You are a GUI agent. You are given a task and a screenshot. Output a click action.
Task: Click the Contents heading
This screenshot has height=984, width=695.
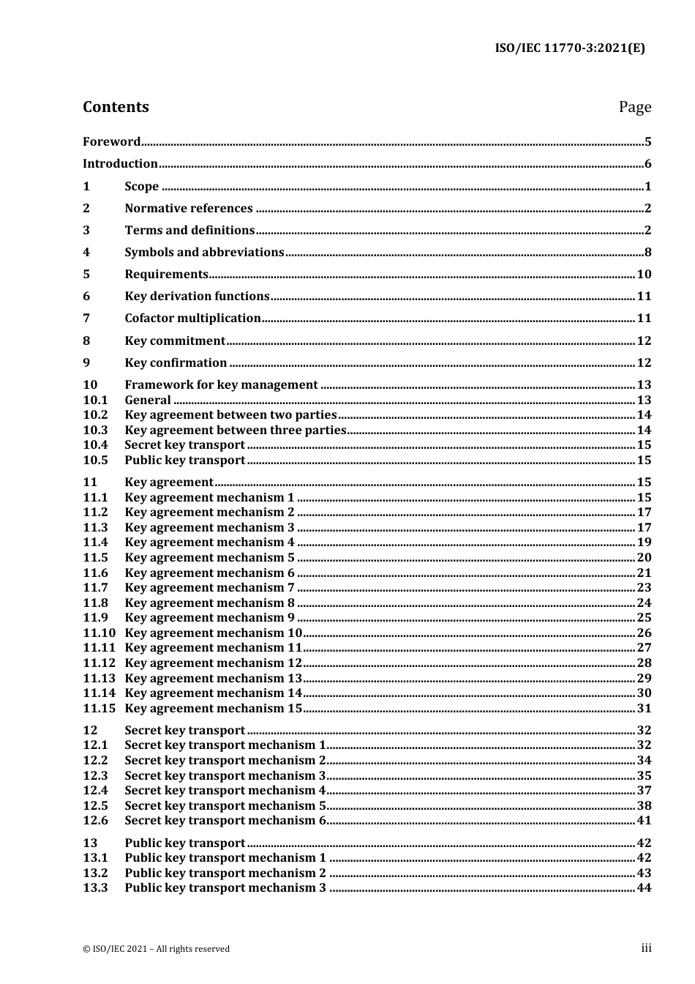pyautogui.click(x=116, y=107)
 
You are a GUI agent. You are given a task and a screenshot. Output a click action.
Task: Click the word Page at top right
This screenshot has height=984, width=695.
pyautogui.click(x=634, y=107)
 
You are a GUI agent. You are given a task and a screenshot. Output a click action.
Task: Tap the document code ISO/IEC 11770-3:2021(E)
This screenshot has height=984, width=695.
pyautogui.click(x=570, y=49)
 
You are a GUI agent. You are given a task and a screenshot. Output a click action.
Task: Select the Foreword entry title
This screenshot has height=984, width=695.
pyautogui.click(x=111, y=142)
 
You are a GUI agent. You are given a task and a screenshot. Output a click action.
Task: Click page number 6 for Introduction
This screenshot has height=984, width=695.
pyautogui.click(x=647, y=164)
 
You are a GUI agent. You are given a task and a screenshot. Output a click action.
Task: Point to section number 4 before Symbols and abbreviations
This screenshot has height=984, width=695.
pyautogui.click(x=86, y=253)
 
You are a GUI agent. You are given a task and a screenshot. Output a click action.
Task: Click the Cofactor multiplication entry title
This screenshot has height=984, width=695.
pyautogui.click(x=192, y=318)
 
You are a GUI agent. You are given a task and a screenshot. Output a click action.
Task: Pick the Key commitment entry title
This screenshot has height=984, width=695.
pyautogui.click(x=175, y=341)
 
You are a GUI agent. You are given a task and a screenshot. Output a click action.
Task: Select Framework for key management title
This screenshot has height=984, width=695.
pyautogui.click(x=221, y=385)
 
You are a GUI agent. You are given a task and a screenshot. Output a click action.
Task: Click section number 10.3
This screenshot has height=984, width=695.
pyautogui.click(x=95, y=430)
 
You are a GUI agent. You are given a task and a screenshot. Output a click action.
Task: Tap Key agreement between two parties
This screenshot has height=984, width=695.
pyautogui.click(x=230, y=415)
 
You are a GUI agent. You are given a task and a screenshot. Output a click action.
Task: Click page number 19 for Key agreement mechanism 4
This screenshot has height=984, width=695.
pyautogui.click(x=644, y=543)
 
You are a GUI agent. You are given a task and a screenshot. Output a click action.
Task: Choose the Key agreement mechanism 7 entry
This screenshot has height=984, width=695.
pyautogui.click(x=209, y=588)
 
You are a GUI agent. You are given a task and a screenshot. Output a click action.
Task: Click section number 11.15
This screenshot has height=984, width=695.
pyautogui.click(x=99, y=709)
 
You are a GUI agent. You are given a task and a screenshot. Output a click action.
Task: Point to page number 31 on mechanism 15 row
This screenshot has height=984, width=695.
pyautogui.click(x=644, y=709)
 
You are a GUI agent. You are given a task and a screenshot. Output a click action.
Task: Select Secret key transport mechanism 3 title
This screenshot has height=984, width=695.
pyautogui.click(x=225, y=776)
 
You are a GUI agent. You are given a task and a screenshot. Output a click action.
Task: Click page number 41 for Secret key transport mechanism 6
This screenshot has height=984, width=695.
pyautogui.click(x=644, y=821)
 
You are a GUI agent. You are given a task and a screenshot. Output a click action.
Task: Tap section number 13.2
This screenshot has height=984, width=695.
pyautogui.click(x=95, y=873)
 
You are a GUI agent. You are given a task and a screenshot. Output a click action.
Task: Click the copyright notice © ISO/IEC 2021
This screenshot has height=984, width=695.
pyautogui.click(x=156, y=949)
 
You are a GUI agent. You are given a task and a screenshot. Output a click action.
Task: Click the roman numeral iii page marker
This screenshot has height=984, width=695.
pyautogui.click(x=646, y=948)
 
